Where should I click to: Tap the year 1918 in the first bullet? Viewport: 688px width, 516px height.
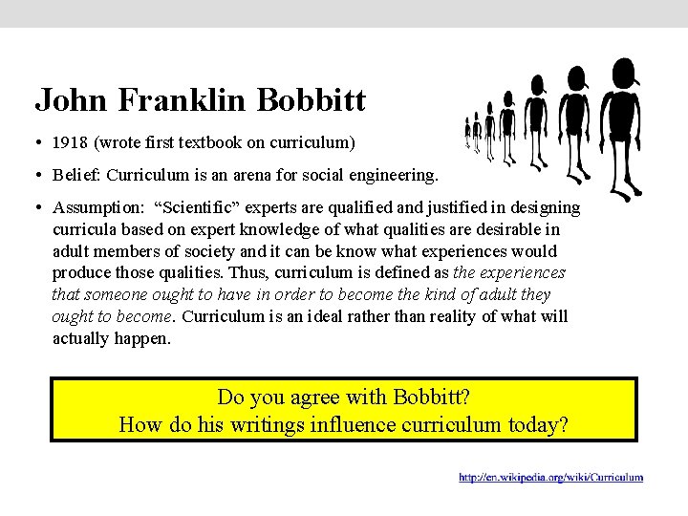coord(70,143)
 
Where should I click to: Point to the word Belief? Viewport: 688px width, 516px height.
coord(77,175)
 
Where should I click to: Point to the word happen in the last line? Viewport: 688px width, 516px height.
coord(144,338)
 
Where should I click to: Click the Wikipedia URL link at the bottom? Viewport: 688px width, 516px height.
coord(550,477)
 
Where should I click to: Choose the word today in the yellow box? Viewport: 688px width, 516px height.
coord(540,423)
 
